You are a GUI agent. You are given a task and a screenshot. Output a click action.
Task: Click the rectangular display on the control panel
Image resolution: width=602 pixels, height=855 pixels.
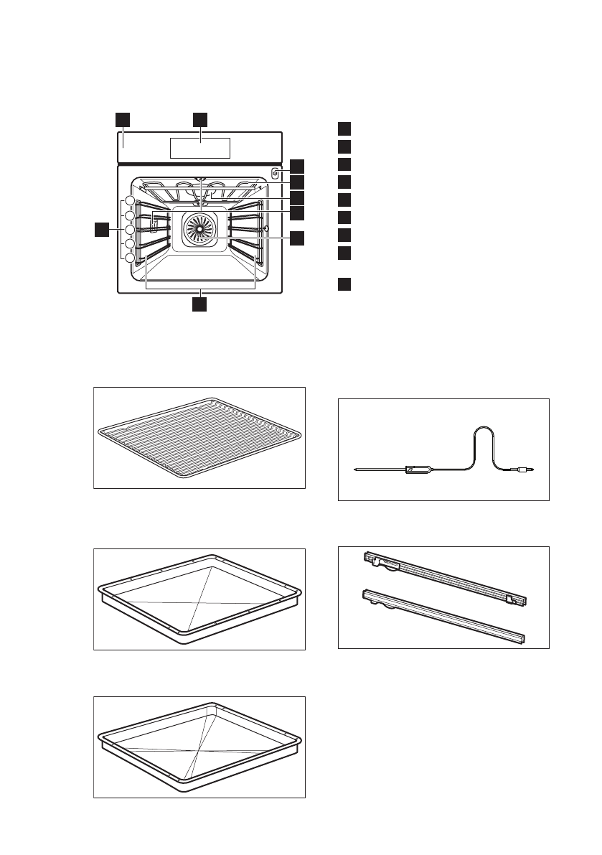199,148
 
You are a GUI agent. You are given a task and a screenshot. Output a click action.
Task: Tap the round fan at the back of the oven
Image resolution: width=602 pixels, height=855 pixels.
199,230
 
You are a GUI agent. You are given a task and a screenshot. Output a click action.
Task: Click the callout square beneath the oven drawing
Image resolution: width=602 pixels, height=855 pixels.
200,304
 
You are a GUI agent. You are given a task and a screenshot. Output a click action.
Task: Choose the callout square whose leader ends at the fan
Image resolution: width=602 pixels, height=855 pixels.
297,239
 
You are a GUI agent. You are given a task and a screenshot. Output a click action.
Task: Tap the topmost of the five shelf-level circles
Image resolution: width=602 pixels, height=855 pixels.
130,201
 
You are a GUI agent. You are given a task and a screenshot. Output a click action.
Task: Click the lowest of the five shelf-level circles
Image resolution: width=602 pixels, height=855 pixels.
130,258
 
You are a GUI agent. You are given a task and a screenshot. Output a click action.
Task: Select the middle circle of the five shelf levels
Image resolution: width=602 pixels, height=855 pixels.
130,230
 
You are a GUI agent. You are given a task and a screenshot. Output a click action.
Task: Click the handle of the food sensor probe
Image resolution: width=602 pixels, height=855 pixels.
419,470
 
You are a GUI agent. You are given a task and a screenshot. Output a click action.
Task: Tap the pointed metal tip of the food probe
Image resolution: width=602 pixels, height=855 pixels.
359,471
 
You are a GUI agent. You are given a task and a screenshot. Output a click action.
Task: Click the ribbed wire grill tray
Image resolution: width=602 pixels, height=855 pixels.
199,437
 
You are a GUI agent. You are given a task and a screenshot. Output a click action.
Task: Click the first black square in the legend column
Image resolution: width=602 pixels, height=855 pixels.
344,129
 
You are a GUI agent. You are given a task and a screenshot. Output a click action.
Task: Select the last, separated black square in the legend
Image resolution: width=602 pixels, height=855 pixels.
344,284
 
